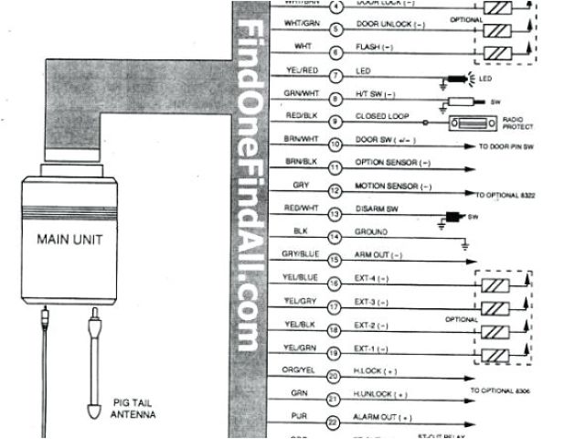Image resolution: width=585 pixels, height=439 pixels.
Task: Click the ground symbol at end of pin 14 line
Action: coord(464,243)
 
